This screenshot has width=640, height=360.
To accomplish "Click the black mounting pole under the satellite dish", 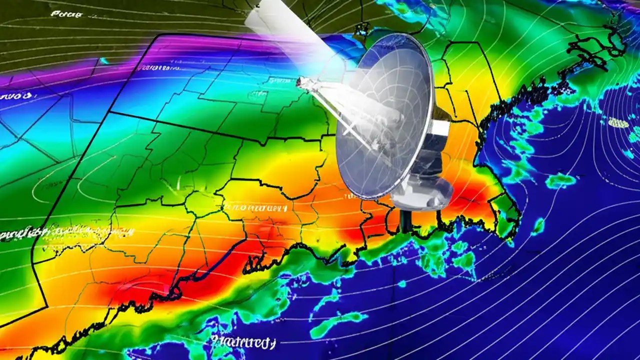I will tap(405, 220).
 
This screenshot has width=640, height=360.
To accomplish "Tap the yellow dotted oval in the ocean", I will tap(618, 122).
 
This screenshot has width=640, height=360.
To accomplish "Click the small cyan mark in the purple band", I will tap(104, 61).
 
